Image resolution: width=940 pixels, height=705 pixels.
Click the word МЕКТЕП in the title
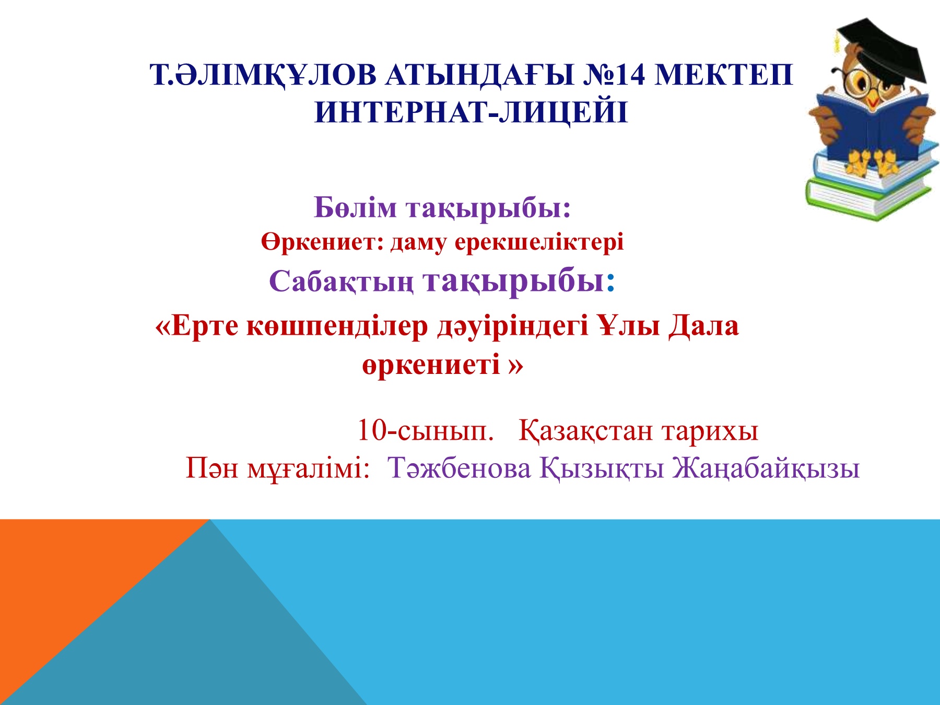(723, 75)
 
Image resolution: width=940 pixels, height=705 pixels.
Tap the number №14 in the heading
(614, 75)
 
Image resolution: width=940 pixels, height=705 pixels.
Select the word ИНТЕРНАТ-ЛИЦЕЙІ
(471, 112)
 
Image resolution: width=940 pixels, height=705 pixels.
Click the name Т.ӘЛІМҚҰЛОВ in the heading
(263, 76)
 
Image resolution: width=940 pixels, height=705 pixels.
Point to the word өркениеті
(431, 364)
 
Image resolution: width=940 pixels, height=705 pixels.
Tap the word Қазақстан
(586, 431)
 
